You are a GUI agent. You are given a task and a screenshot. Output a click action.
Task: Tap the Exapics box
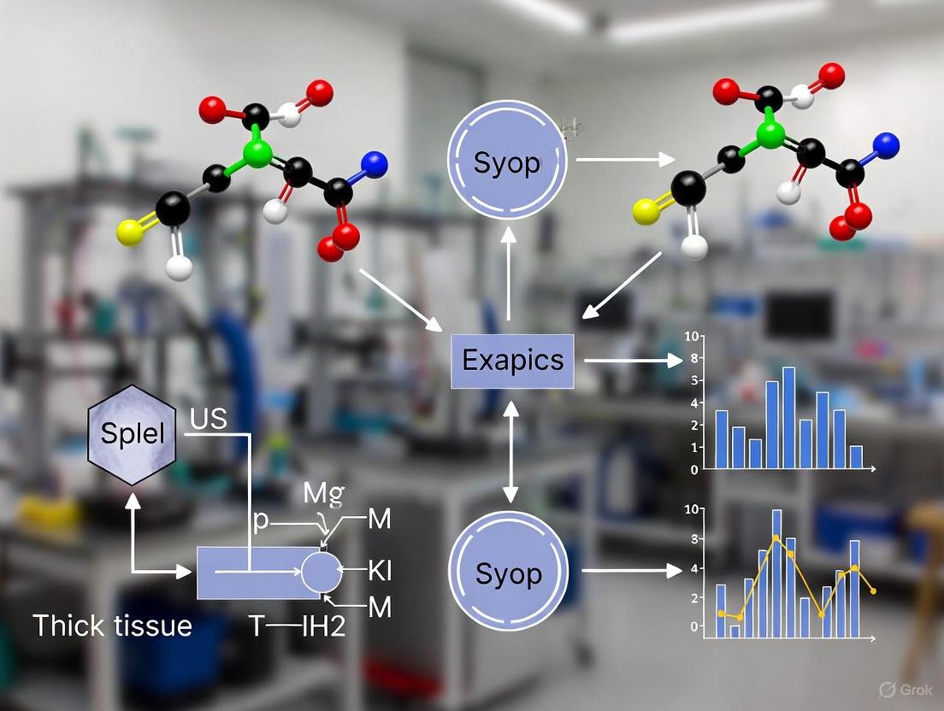(513, 360)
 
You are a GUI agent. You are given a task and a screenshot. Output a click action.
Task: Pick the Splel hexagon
(132, 432)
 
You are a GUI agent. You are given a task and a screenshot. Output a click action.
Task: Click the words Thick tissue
(112, 626)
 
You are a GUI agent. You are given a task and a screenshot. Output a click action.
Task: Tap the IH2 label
(323, 626)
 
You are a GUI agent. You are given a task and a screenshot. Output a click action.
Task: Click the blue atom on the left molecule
(375, 164)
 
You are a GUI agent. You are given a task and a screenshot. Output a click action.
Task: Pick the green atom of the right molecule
(771, 135)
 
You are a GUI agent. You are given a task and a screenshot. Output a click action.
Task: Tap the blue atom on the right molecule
(888, 143)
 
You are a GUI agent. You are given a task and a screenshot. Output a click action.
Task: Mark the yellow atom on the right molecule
(646, 211)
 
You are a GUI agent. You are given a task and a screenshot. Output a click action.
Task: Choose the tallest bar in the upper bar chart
(788, 417)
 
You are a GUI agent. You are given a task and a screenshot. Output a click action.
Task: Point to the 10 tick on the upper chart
(693, 336)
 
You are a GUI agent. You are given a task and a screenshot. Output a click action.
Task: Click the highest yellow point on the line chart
(776, 538)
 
